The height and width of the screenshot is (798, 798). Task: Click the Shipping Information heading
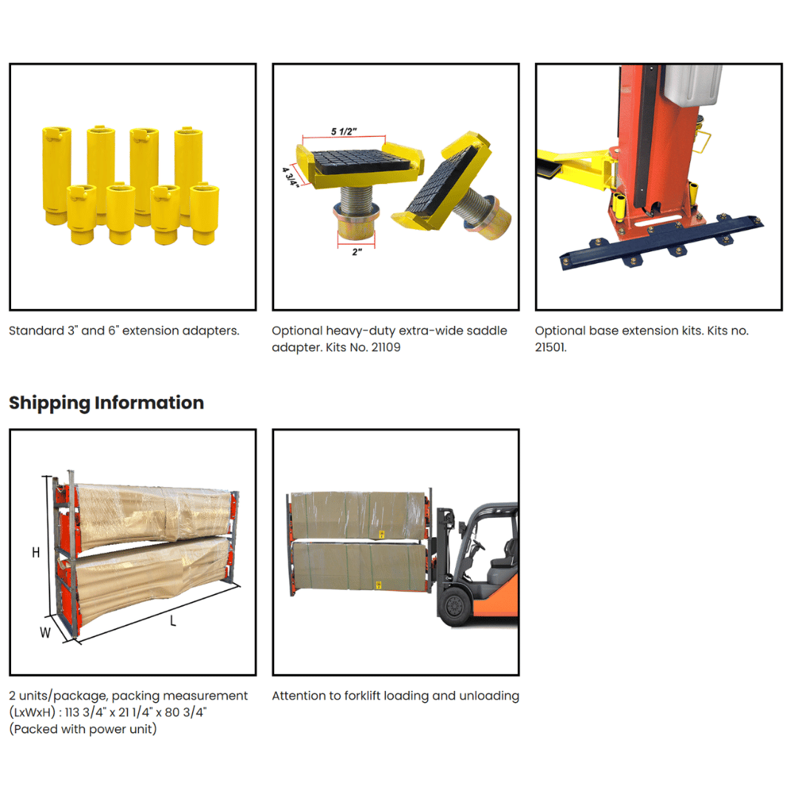pos(106,403)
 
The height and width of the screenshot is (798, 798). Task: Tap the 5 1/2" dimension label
pos(344,132)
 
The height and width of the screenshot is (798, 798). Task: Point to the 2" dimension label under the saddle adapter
pos(357,252)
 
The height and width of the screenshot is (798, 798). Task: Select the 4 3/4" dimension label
pos(290,177)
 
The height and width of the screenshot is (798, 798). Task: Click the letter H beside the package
pos(35,552)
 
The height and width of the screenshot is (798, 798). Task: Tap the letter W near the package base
pos(45,632)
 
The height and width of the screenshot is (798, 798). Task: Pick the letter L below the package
pos(173,621)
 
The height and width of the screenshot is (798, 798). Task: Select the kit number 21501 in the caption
pos(550,347)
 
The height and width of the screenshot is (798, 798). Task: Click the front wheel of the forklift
pos(454,606)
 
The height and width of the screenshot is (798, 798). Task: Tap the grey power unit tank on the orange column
pos(692,84)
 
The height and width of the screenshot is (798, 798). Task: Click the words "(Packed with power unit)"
pos(83,729)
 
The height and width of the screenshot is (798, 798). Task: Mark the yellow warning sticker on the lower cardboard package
pos(378,584)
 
